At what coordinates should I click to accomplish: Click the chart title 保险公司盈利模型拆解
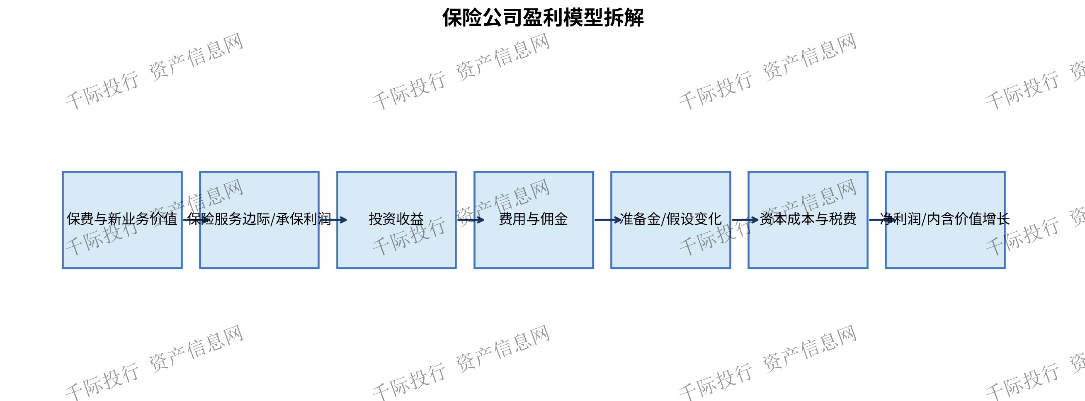click(x=543, y=18)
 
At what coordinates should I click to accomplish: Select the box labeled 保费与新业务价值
click(x=122, y=220)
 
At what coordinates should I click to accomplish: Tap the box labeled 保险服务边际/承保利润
click(x=260, y=220)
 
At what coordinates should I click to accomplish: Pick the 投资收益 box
click(x=396, y=220)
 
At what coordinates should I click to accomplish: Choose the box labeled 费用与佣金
click(x=534, y=220)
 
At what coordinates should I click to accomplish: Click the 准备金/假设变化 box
click(x=670, y=220)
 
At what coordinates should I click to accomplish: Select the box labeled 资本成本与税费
click(x=808, y=220)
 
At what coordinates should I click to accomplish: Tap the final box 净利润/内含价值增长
click(x=945, y=220)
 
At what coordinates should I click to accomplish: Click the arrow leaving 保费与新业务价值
click(x=196, y=220)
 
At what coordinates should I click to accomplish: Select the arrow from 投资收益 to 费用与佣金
click(x=471, y=220)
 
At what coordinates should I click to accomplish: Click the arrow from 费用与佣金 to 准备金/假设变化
click(x=608, y=220)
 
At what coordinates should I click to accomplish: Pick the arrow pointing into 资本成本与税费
click(x=745, y=220)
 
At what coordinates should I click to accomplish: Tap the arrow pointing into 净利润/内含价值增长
click(x=882, y=220)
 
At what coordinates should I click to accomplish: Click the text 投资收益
click(x=396, y=219)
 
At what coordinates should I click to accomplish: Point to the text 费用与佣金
click(x=534, y=219)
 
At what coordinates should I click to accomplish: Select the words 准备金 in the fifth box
click(x=640, y=219)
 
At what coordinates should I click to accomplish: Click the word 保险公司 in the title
click(x=482, y=18)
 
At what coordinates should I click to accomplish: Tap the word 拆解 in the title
click(x=624, y=18)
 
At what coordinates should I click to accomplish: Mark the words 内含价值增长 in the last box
click(x=968, y=219)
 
